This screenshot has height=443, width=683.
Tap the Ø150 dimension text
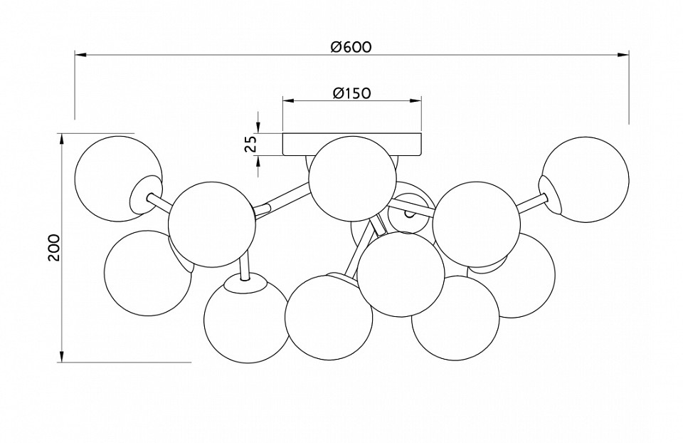click(352, 93)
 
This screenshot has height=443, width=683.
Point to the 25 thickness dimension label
click(250, 145)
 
